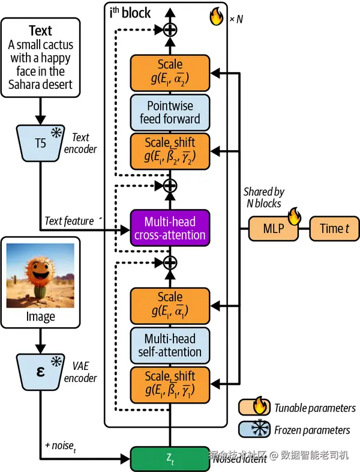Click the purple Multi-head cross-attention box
[x=170, y=226]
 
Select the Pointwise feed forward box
[x=170, y=112]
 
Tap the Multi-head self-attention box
[x=170, y=345]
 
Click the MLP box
[x=274, y=228]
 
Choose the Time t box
[x=334, y=228]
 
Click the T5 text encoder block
[x=40, y=143]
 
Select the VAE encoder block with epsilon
[x=40, y=371]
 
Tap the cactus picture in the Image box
[x=40, y=274]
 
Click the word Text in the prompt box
[x=40, y=31]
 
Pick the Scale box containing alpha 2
[x=170, y=73]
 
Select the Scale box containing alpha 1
[x=170, y=305]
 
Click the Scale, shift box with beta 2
[x=170, y=151]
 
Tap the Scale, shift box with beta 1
[x=170, y=384]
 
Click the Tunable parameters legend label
[x=315, y=408]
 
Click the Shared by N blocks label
[x=263, y=198]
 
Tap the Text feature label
[x=69, y=221]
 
